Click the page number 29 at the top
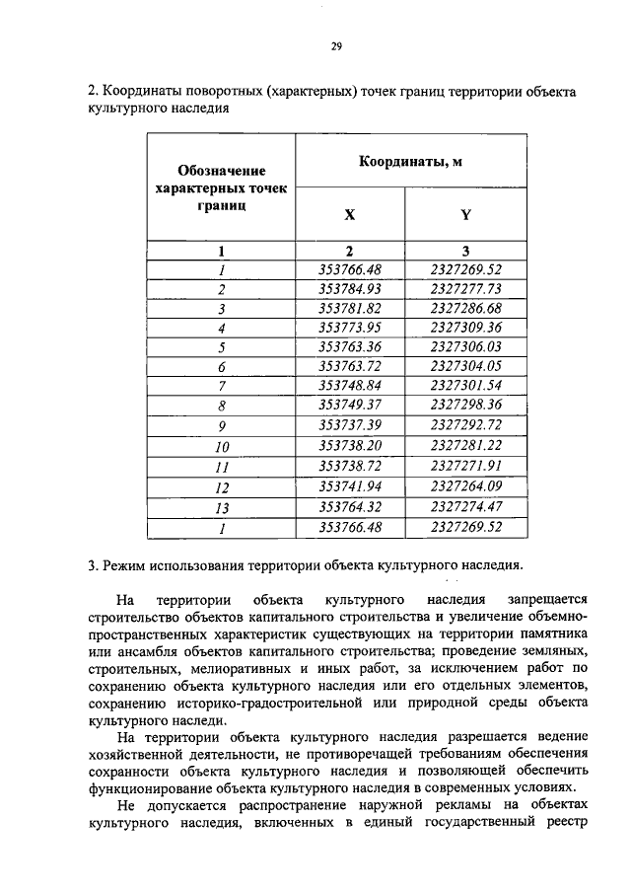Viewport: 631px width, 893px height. coord(335,46)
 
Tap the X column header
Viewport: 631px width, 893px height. coord(349,214)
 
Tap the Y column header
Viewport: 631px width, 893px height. coord(465,214)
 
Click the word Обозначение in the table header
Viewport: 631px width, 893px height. coord(222,171)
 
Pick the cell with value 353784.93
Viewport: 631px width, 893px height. coord(350,289)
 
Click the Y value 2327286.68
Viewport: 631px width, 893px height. coord(466,308)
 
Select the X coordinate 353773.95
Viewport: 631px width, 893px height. coord(350,328)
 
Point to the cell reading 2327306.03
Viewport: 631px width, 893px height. coord(466,347)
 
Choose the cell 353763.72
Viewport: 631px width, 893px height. coord(350,366)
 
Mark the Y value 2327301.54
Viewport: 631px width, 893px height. coord(466,386)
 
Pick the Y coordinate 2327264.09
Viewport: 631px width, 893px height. coord(466,486)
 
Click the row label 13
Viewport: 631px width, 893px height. coord(222,507)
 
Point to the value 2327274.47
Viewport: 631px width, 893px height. coord(466,507)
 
